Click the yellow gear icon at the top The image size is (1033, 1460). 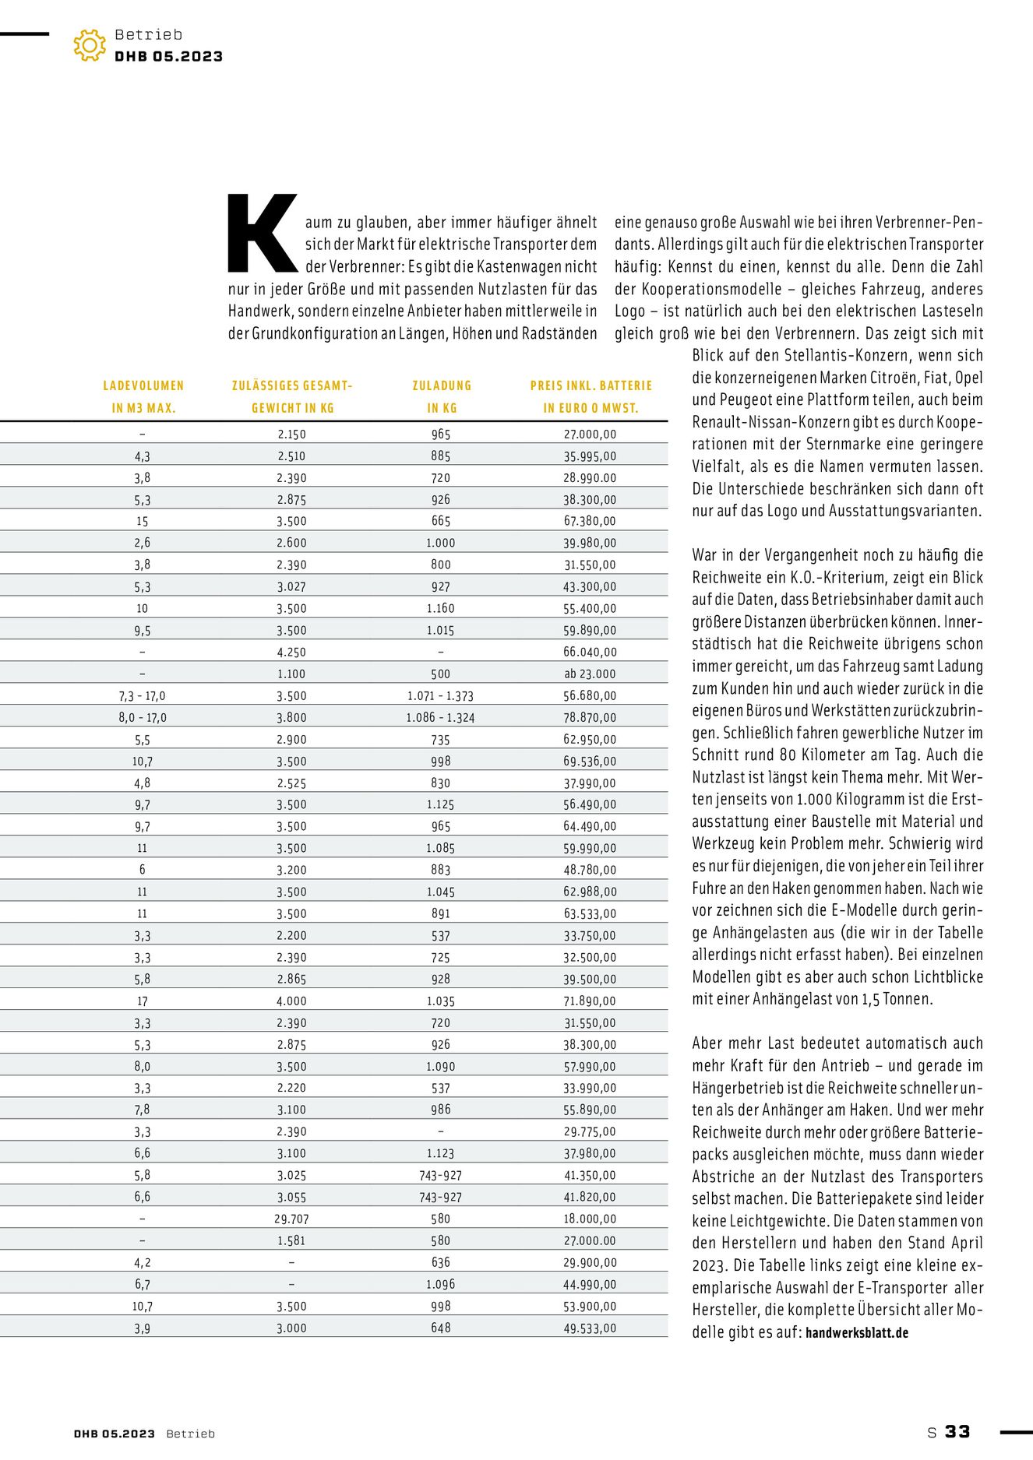point(90,46)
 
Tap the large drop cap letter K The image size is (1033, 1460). point(262,233)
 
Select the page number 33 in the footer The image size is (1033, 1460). point(957,1431)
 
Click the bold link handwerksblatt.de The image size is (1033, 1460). point(857,1332)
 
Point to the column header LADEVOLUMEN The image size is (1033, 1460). point(143,385)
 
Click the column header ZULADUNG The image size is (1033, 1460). point(442,385)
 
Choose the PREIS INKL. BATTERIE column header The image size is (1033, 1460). point(591,385)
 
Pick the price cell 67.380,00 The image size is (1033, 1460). point(590,521)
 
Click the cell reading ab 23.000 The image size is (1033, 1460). point(590,674)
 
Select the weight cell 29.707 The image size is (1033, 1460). point(291,1219)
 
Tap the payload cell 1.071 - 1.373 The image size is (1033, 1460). point(440,695)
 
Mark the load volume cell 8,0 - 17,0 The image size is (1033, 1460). point(143,717)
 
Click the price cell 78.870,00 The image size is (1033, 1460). point(590,717)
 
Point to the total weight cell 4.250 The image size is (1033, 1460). point(291,652)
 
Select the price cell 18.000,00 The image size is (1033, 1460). point(590,1219)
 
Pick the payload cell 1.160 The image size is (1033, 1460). point(440,608)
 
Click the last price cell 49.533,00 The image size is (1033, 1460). point(590,1328)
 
